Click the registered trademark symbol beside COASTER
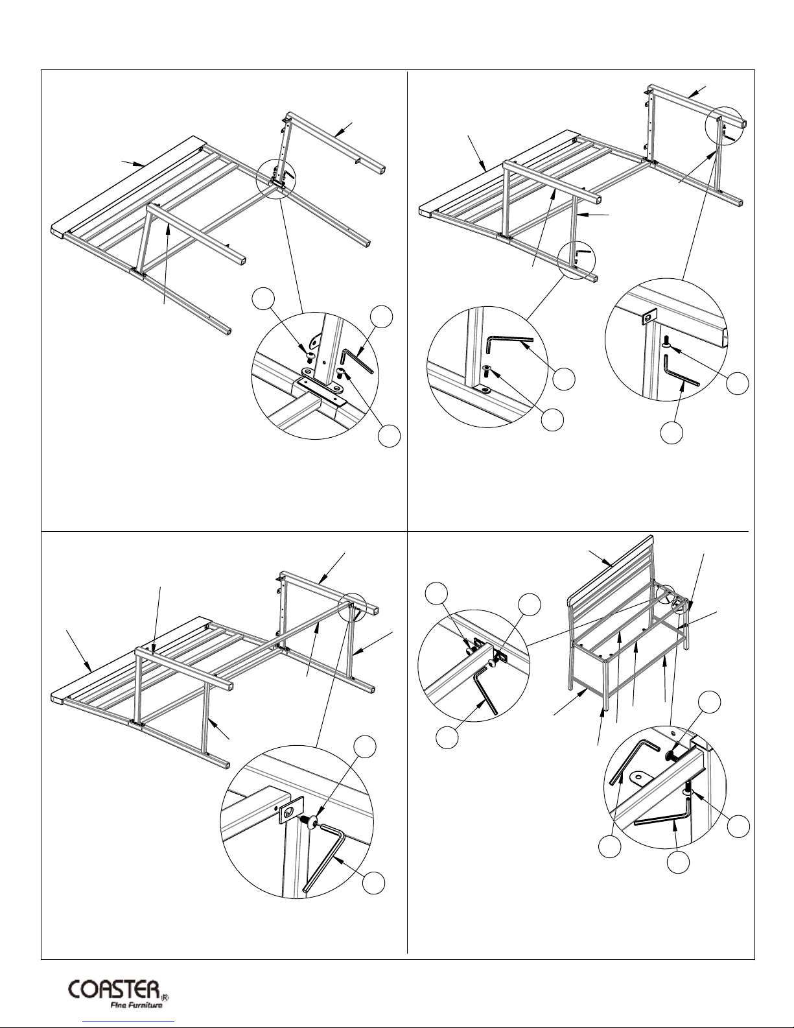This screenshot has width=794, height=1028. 165,993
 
